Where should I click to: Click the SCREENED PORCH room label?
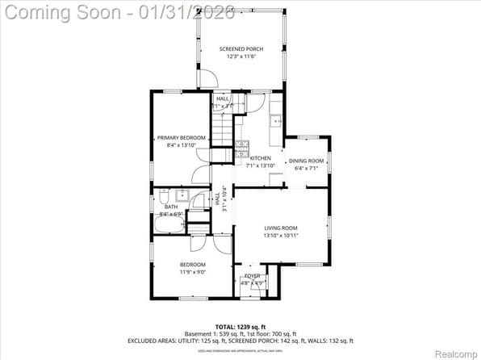pyautogui.click(x=240, y=49)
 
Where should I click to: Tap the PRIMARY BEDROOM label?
pyautogui.click(x=181, y=138)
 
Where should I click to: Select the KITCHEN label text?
pyautogui.click(x=261, y=158)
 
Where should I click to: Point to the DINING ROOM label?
pyautogui.click(x=306, y=161)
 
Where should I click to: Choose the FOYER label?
pyautogui.click(x=253, y=276)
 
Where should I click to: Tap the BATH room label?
pyautogui.click(x=170, y=207)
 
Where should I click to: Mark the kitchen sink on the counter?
pyautogui.click(x=276, y=121)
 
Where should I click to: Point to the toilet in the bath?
pyautogui.click(x=163, y=196)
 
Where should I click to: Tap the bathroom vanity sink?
pyautogui.click(x=182, y=195)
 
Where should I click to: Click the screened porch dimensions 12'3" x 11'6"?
pyautogui.click(x=240, y=57)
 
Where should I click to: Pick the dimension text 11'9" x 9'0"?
pyautogui.click(x=192, y=272)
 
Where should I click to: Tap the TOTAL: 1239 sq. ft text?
pyautogui.click(x=240, y=325)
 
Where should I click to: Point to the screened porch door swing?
pyautogui.click(x=207, y=78)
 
